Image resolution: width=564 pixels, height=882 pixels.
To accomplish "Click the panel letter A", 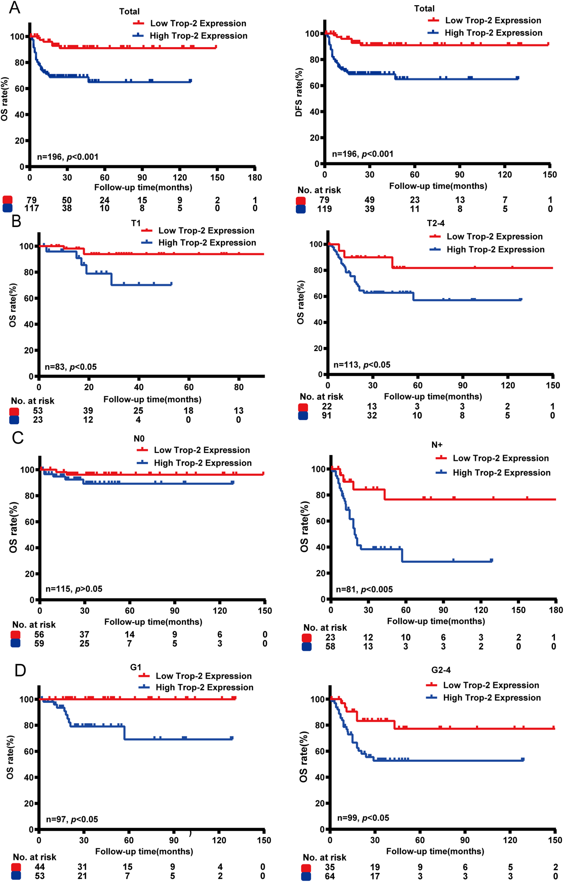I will (x=14, y=8).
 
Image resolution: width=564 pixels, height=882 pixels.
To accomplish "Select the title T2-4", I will (x=435, y=223).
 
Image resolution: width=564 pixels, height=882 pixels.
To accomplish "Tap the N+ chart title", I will (x=437, y=445).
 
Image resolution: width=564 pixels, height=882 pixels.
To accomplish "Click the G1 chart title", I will (x=135, y=667).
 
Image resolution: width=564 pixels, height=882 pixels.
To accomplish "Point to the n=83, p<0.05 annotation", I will (x=71, y=367).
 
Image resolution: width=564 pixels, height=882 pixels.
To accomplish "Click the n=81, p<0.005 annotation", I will (x=364, y=589).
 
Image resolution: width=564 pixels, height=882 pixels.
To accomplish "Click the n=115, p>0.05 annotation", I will (x=74, y=589).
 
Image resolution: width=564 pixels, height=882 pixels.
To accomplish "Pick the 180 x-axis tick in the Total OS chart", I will (x=255, y=178).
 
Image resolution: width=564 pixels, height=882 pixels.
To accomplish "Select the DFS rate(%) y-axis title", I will (x=299, y=92).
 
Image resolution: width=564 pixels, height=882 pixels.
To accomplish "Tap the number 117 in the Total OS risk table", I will (x=32, y=208).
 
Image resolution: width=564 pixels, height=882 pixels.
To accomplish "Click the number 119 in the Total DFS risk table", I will (x=324, y=209).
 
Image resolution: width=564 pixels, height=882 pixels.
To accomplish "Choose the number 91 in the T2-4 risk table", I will (x=327, y=415).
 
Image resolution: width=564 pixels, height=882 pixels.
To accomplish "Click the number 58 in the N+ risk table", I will (x=330, y=646).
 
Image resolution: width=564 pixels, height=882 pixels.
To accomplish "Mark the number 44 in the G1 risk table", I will (x=40, y=867).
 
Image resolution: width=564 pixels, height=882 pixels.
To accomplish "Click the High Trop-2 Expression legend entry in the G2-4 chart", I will (x=491, y=697).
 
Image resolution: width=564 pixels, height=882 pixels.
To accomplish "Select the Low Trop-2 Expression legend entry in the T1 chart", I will (x=206, y=230).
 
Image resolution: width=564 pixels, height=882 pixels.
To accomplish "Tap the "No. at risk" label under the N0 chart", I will (x=34, y=624).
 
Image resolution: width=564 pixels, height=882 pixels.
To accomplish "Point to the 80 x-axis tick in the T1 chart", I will (x=239, y=387).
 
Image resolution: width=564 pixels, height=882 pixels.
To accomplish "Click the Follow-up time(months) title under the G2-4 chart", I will (x=435, y=851).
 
